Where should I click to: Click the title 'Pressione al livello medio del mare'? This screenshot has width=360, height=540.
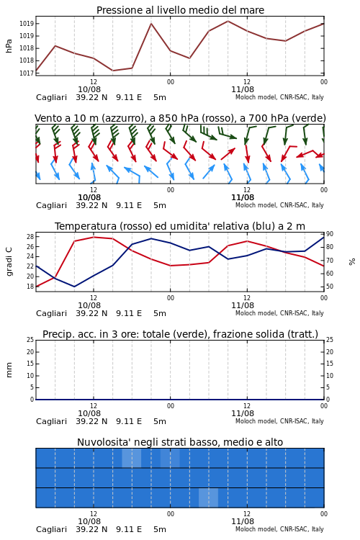[x=180, y=10]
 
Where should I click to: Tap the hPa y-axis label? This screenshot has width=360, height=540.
[x=9, y=46]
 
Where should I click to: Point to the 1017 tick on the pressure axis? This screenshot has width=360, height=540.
[x=26, y=73]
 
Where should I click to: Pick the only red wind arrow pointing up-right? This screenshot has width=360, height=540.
[x=228, y=153]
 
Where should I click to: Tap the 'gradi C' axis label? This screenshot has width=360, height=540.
[x=9, y=261]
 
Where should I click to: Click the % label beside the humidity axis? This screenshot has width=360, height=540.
[x=352, y=262]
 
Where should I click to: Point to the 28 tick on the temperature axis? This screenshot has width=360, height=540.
[x=30, y=237]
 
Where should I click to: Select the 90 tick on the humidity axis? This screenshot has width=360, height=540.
[x=330, y=234]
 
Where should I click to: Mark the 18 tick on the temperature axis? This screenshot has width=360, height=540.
[x=30, y=287]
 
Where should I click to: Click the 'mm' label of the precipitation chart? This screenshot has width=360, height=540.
[x=9, y=370]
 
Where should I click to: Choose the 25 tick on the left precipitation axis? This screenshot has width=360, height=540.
[x=30, y=340]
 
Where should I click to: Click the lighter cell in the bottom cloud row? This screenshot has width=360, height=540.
[x=208, y=498]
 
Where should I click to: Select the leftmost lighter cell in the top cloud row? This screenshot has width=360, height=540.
[x=132, y=458]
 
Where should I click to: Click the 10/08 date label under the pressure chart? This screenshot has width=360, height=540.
[x=89, y=89]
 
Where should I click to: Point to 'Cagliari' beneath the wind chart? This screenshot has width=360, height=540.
[x=51, y=206]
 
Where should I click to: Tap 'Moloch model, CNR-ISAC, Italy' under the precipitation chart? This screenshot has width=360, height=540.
[x=279, y=421]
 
